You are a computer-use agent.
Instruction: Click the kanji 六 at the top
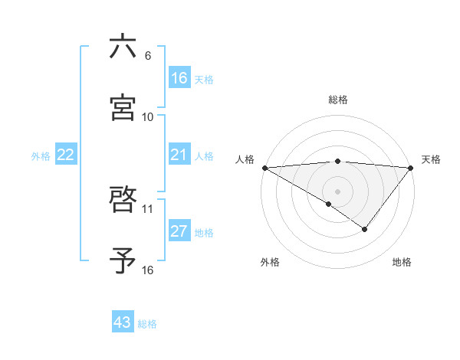[123, 47]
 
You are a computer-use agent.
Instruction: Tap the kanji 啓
[123, 200]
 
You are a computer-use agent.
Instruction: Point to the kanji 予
[123, 260]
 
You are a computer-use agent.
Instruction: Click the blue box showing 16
[179, 78]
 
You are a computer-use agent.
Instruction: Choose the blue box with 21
[179, 155]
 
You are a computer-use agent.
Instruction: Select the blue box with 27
[179, 232]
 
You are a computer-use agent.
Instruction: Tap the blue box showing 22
[66, 155]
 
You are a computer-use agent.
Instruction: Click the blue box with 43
[123, 322]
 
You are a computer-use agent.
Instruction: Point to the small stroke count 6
[148, 55]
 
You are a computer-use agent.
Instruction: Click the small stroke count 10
[148, 116]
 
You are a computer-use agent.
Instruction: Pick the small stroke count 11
[148, 208]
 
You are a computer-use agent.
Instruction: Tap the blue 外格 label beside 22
[41, 156]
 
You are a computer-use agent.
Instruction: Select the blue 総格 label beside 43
[147, 323]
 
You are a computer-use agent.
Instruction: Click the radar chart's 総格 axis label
[338, 100]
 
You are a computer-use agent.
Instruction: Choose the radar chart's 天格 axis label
[432, 159]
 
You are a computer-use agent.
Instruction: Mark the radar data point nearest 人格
[264, 167]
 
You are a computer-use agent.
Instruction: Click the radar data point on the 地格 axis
[365, 229]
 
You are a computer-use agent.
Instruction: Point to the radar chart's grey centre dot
[337, 191]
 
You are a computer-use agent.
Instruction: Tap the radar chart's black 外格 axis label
[270, 263]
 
